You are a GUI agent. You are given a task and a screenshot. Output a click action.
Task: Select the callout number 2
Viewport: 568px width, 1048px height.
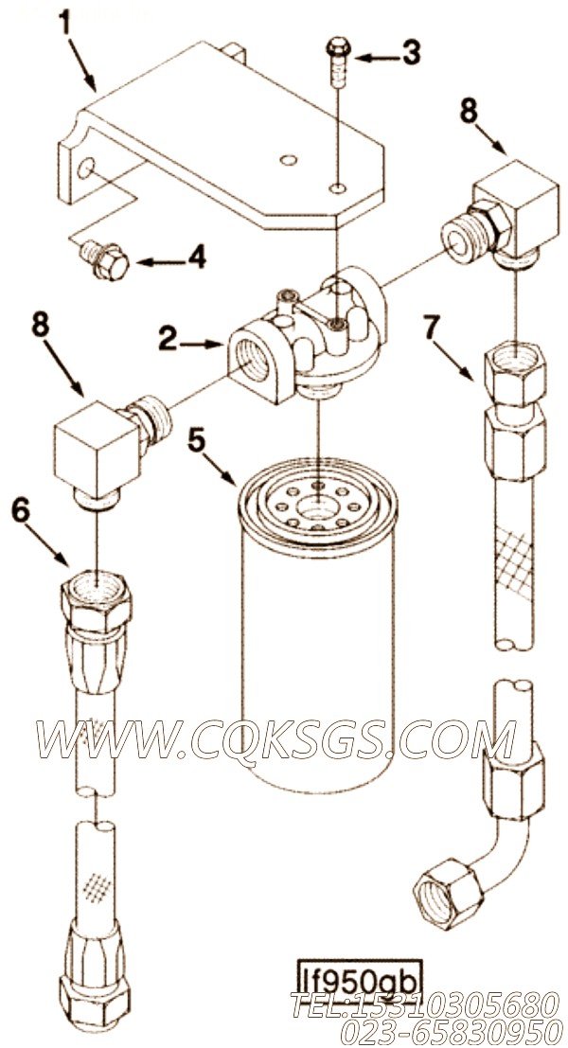point(169,340)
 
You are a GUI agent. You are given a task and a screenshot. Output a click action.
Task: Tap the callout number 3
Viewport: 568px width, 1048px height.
point(411,53)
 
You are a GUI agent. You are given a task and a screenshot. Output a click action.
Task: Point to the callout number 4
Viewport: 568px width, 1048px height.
point(196,257)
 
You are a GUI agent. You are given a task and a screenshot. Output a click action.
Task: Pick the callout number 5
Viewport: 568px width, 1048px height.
point(196,442)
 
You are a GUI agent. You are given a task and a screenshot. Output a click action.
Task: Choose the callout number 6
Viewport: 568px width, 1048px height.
point(21,511)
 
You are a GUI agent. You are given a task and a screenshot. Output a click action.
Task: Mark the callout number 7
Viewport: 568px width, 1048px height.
point(433,328)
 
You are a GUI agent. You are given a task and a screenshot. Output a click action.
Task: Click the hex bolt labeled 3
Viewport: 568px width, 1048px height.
point(337,62)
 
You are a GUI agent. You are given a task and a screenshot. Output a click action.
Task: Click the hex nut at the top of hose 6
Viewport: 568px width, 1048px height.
point(96,601)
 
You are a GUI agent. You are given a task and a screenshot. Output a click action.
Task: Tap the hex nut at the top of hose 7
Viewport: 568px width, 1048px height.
point(515,373)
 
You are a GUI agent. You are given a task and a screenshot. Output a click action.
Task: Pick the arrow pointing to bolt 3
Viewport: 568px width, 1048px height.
point(377,58)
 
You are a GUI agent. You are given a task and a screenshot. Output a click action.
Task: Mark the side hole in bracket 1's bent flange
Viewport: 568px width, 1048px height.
point(85,169)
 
